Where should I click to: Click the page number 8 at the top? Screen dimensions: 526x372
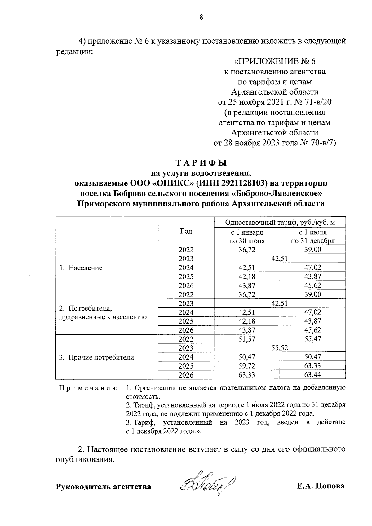tap(201, 17)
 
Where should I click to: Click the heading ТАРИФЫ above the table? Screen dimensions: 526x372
tap(201, 163)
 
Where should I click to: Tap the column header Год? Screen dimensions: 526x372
tap(186, 231)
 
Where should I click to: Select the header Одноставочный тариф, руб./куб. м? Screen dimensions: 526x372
tap(280, 223)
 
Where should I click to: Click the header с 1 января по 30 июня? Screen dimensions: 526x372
tap(247, 236)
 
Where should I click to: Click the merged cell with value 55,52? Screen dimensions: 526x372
tap(280, 348)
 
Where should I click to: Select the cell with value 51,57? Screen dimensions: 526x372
tap(247, 339)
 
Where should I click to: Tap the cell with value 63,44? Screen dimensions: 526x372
tap(312, 375)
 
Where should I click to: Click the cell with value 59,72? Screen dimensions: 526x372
tap(247, 366)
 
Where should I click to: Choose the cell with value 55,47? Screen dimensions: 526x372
tap(312, 339)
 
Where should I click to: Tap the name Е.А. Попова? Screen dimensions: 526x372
tap(320, 486)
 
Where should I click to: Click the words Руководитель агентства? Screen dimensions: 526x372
tap(103, 487)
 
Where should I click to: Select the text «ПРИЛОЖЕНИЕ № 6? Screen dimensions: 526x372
tap(275, 61)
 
